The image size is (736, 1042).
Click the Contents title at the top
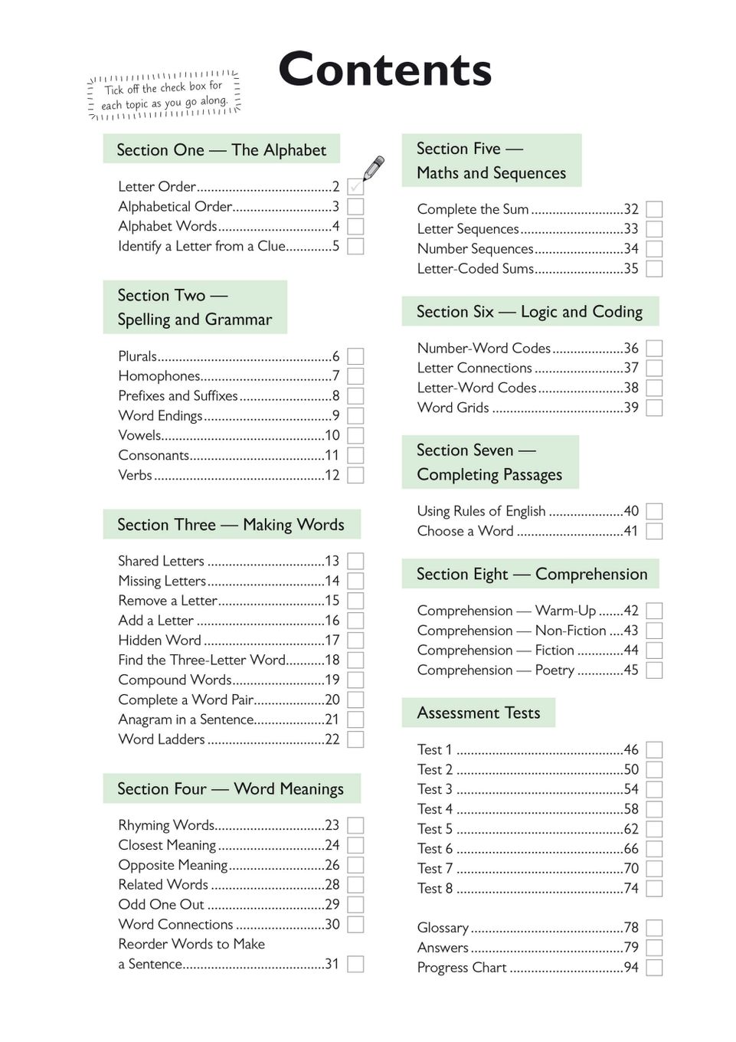pyautogui.click(x=384, y=70)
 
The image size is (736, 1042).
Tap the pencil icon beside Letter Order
pyautogui.click(x=373, y=168)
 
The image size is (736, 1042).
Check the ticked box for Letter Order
pyautogui.click(x=355, y=186)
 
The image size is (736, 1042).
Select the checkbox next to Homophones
pyautogui.click(x=355, y=376)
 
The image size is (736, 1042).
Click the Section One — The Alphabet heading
pyautogui.click(x=221, y=149)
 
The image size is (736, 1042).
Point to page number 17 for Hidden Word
pyautogui.click(x=332, y=641)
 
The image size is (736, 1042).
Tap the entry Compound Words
pyautogui.click(x=175, y=680)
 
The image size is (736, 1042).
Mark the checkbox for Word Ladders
pyautogui.click(x=355, y=739)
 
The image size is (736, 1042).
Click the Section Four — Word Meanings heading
pyautogui.click(x=231, y=788)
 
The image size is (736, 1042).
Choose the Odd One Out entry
pyautogui.click(x=161, y=904)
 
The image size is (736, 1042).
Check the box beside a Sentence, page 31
pyautogui.click(x=355, y=964)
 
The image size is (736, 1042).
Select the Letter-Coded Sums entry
pyautogui.click(x=476, y=268)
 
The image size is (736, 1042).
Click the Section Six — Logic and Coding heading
pyautogui.click(x=529, y=311)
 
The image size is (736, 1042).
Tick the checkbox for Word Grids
pyautogui.click(x=654, y=408)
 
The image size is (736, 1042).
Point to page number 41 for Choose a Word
pyautogui.click(x=630, y=531)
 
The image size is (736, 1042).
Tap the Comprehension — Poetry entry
pyautogui.click(x=496, y=670)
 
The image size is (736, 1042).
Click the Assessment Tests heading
pyautogui.click(x=479, y=713)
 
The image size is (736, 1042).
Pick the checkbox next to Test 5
pyautogui.click(x=654, y=829)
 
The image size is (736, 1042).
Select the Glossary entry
pyautogui.click(x=443, y=928)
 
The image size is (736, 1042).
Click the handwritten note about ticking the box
pyautogui.click(x=165, y=95)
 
